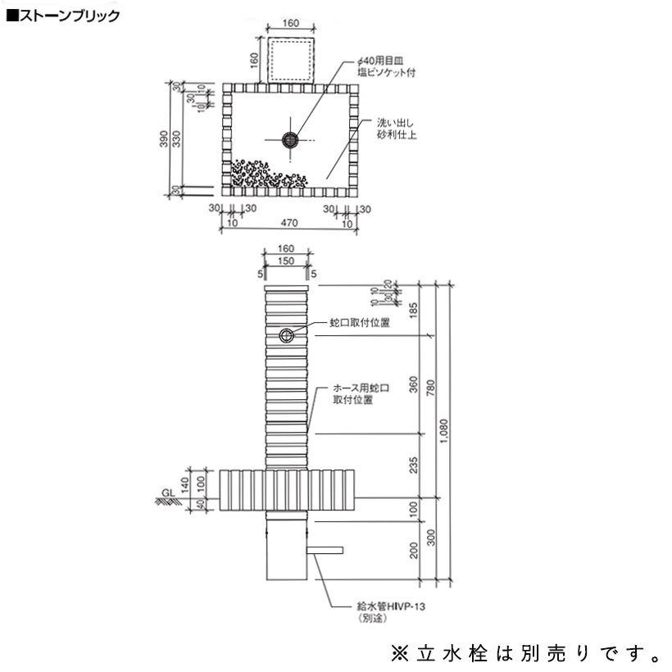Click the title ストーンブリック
(x=57, y=16)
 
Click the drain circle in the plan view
(x=288, y=140)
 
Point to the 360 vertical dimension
(x=414, y=384)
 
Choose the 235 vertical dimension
(x=414, y=465)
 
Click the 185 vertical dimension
(x=414, y=311)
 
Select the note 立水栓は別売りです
(x=528, y=653)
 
